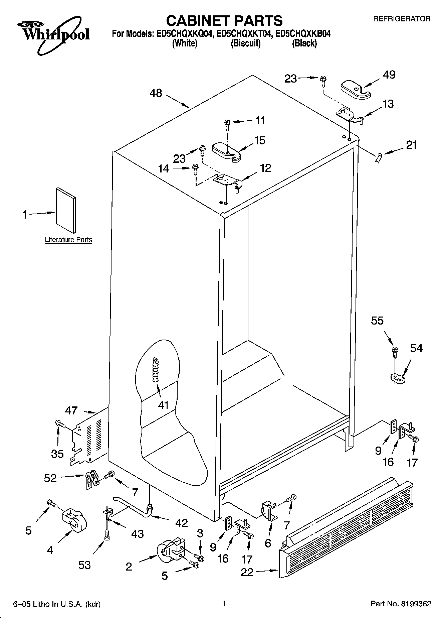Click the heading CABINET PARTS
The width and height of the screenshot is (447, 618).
224,21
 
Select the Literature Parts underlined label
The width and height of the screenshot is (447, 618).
68,240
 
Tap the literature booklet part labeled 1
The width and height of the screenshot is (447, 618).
65,209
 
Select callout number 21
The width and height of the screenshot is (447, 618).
411,145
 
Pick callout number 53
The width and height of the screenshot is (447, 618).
84,565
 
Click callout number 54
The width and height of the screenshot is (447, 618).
416,348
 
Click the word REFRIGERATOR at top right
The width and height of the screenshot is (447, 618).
402,19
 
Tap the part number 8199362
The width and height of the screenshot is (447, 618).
416,604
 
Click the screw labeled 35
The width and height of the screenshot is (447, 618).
59,423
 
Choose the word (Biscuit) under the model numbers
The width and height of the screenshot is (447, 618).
246,43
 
